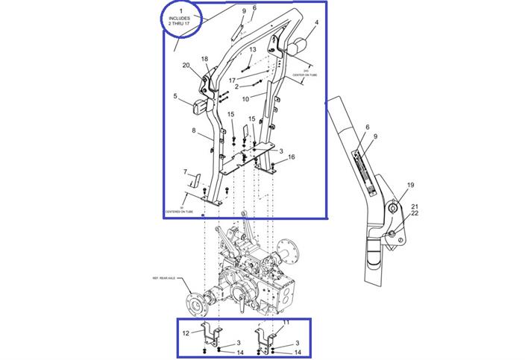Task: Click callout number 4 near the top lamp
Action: pos(315,23)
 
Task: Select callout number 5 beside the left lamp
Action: pos(175,96)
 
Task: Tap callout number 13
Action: pos(253,50)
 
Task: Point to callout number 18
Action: pos(205,59)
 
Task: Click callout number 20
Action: pos(186,66)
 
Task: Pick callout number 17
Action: pos(232,80)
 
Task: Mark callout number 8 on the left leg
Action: pos(194,131)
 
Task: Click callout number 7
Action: pos(185,172)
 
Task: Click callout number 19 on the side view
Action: pos(410,185)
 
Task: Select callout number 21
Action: pos(415,206)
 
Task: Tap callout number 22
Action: pos(415,214)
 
